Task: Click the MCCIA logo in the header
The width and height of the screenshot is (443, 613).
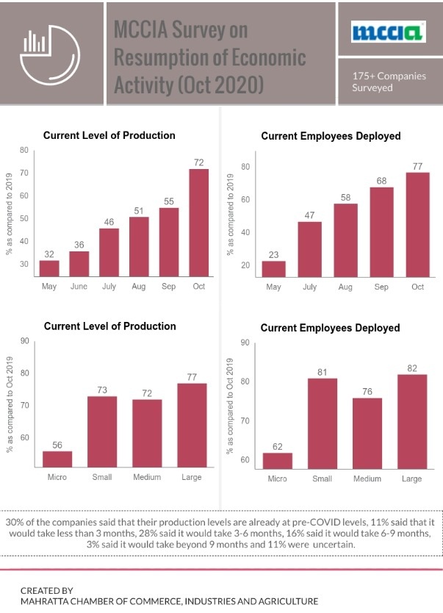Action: click(x=388, y=32)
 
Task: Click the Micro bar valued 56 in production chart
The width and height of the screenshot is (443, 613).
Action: click(x=57, y=459)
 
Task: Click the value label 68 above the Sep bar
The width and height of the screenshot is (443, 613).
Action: click(x=381, y=179)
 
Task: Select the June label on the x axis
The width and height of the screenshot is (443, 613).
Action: click(x=79, y=287)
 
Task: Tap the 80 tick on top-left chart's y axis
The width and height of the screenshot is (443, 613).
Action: click(x=24, y=151)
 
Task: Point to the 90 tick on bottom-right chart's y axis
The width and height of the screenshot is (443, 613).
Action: click(x=245, y=343)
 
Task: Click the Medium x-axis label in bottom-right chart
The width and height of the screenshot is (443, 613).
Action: click(x=367, y=479)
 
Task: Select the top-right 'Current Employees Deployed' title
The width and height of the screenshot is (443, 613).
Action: click(x=330, y=137)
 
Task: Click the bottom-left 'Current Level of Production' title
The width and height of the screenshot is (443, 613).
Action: click(x=109, y=326)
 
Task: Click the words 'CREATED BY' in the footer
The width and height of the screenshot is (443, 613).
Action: click(x=46, y=590)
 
